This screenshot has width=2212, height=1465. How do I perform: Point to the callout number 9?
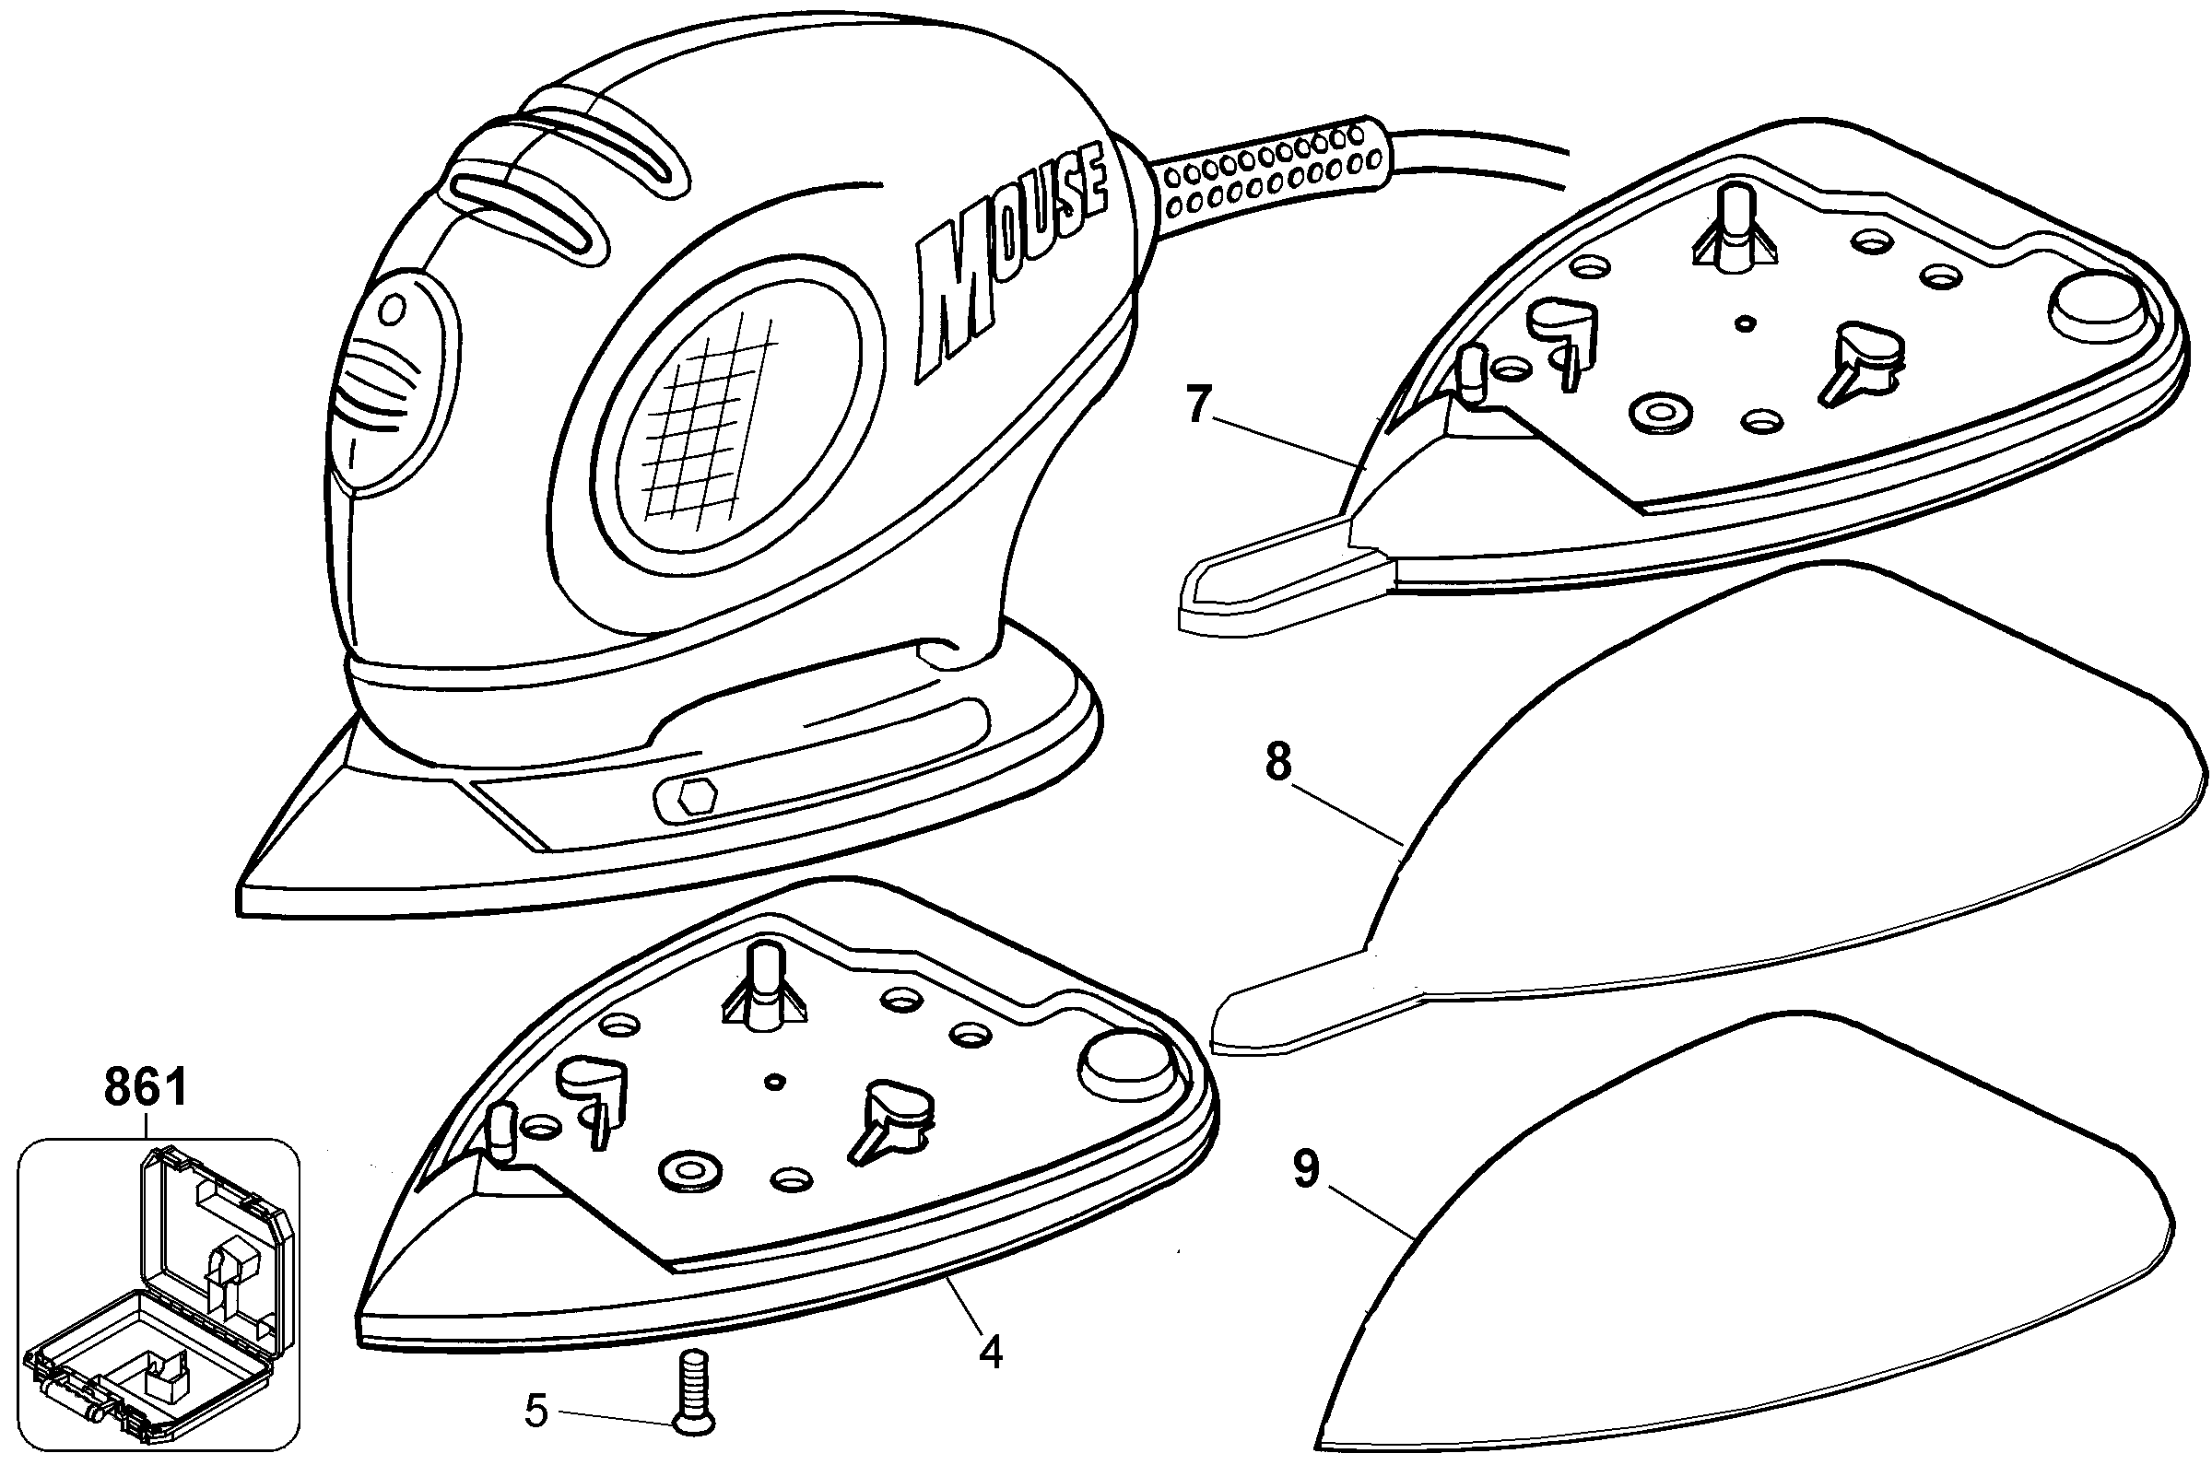pos(1305,1169)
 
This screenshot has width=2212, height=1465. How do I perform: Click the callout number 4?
pos(992,1351)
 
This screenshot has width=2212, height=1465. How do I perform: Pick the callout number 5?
pos(535,1411)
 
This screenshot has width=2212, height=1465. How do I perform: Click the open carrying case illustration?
pos(158,1289)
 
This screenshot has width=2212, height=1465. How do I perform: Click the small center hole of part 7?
pos(1743,323)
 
